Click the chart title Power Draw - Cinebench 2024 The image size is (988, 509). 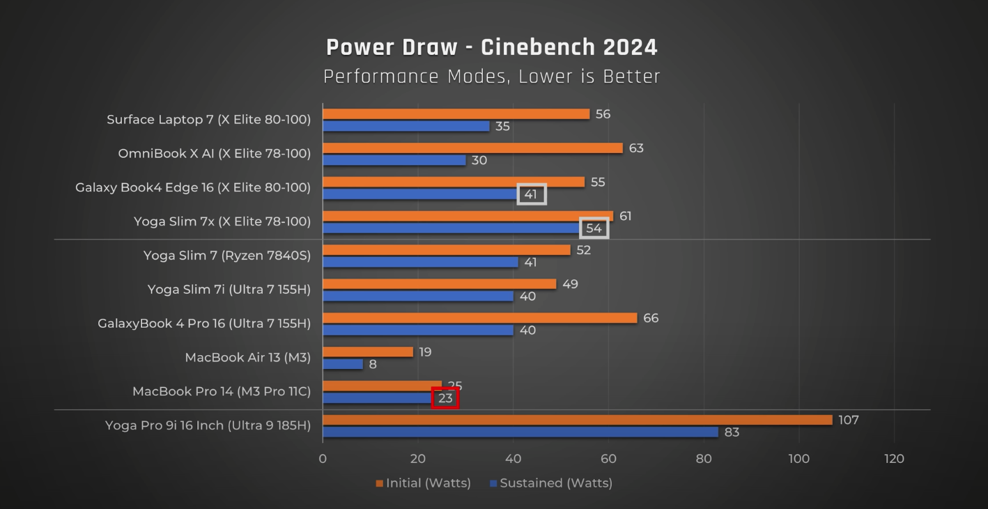[491, 47]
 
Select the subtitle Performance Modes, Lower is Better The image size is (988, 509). [491, 76]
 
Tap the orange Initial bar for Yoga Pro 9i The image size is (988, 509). [577, 420]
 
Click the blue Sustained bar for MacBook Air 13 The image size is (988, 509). [343, 364]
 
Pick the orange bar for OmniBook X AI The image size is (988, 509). [472, 148]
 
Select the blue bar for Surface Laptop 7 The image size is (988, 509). [406, 126]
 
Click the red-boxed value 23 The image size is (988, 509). [445, 398]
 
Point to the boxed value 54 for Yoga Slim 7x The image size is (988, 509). [594, 228]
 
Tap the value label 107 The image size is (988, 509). [848, 420]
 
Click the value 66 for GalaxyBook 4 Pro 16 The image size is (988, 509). [651, 318]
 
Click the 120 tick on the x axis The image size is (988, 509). [894, 458]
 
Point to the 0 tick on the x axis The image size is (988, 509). [323, 458]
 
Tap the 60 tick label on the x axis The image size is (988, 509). [608, 458]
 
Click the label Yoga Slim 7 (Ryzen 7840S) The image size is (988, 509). [226, 256]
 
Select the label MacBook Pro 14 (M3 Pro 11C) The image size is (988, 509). [221, 391]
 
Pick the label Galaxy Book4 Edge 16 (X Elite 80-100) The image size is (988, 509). [193, 187]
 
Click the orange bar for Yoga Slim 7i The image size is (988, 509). [439, 284]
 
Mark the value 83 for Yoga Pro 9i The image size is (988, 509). [732, 432]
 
